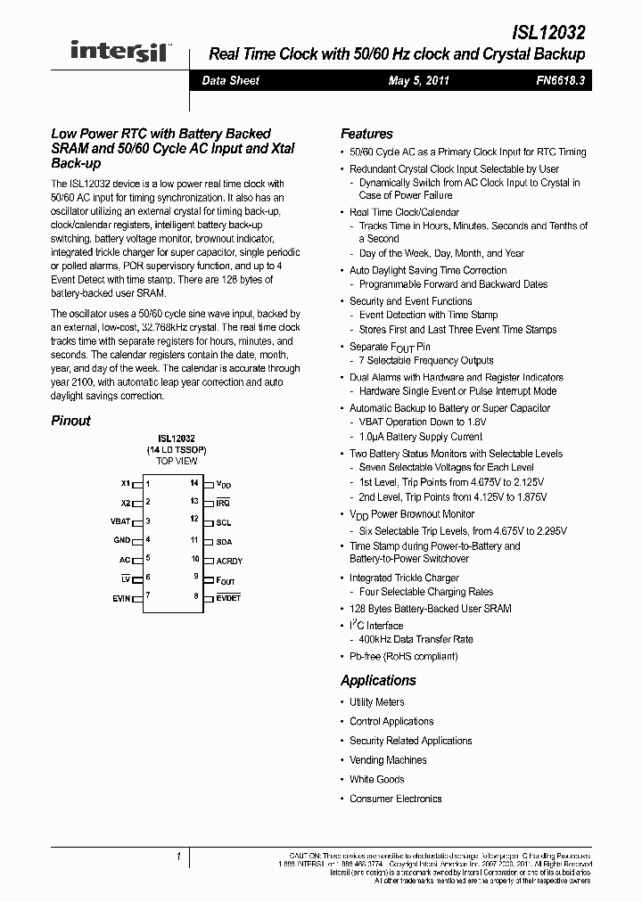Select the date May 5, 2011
tap(418, 80)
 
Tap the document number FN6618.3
tap(561, 80)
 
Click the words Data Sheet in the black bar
tap(230, 80)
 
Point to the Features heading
tap(366, 134)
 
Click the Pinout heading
tap(70, 421)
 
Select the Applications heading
tap(378, 680)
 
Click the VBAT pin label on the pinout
tap(120, 521)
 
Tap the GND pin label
tap(122, 540)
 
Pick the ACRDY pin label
tap(229, 561)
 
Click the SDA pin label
tap(224, 541)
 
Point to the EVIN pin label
tap(121, 598)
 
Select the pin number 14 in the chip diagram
tap(193, 482)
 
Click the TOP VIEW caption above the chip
tap(177, 462)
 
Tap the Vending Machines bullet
tap(388, 760)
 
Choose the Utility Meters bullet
tap(376, 702)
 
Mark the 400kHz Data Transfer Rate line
tap(416, 639)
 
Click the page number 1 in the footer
tap(178, 857)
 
